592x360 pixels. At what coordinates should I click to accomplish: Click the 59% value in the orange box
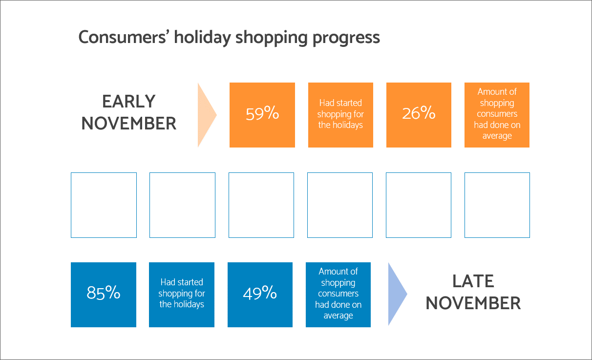pyautogui.click(x=262, y=113)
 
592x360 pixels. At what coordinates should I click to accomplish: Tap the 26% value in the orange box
pyautogui.click(x=419, y=113)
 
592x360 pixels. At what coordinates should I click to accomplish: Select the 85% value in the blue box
pyautogui.click(x=104, y=293)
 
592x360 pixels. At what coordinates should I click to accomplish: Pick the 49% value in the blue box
pyautogui.click(x=260, y=293)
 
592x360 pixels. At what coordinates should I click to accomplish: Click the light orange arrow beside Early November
pyautogui.click(x=206, y=115)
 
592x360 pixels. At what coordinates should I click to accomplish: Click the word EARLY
pyautogui.click(x=129, y=101)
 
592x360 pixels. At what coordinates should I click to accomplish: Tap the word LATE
pyautogui.click(x=473, y=281)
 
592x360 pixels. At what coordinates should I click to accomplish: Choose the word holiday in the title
pyautogui.click(x=202, y=37)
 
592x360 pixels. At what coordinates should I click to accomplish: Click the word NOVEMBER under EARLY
pyautogui.click(x=129, y=124)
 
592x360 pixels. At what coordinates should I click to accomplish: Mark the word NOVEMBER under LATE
pyautogui.click(x=473, y=303)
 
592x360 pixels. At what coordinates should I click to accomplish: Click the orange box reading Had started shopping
pyautogui.click(x=340, y=115)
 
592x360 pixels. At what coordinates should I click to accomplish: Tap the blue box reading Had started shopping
pyautogui.click(x=182, y=295)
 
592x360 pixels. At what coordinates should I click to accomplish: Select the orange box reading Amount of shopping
pyautogui.click(x=497, y=115)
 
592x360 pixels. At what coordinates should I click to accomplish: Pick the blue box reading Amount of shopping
pyautogui.click(x=338, y=295)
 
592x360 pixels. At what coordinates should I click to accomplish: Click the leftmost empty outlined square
pyautogui.click(x=71, y=205)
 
